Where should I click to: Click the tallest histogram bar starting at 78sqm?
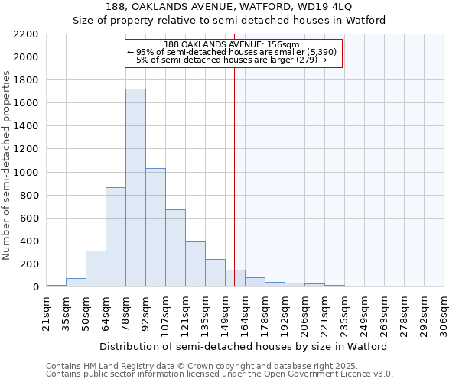click(x=135, y=187)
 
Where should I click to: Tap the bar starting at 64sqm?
click(x=116, y=237)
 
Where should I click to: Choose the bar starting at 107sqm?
click(x=175, y=248)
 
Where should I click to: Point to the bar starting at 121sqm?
click(x=195, y=264)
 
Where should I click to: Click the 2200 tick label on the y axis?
click(x=26, y=34)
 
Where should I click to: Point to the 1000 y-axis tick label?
click(x=26, y=173)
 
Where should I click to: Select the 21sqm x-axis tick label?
click(x=46, y=313)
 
